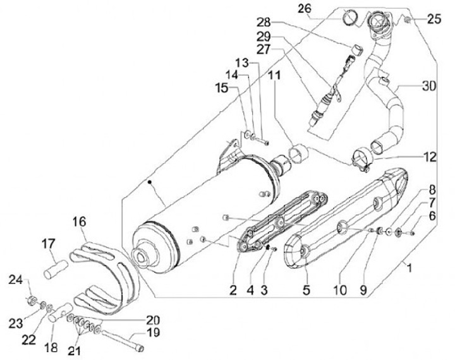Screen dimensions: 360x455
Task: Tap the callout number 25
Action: click(434, 20)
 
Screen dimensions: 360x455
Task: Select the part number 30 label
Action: click(429, 86)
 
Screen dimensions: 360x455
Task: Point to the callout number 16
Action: click(79, 222)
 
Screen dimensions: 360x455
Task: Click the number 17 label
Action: click(49, 243)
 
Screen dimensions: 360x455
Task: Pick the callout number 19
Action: click(154, 332)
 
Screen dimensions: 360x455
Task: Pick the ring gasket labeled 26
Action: click(349, 17)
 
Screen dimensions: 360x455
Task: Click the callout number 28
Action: click(262, 22)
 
